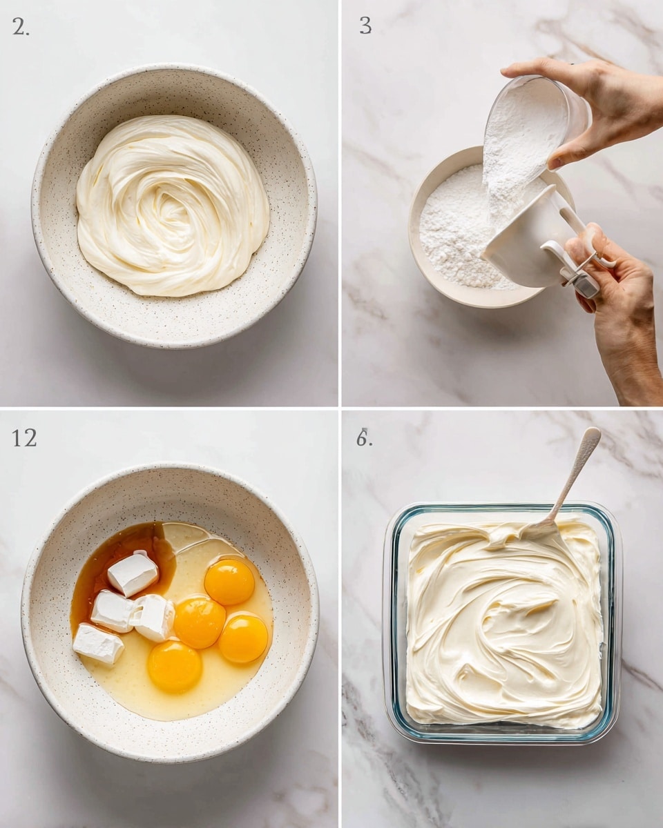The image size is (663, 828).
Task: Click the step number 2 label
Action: click(21, 27)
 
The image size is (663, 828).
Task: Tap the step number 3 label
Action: click(365, 26)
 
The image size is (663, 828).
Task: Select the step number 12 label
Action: click(24, 438)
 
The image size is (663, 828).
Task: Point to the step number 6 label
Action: click(364, 437)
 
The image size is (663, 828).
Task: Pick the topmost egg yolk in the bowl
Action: click(229, 582)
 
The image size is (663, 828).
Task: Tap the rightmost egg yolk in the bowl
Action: click(243, 639)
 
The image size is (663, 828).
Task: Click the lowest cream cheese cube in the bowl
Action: click(99, 644)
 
